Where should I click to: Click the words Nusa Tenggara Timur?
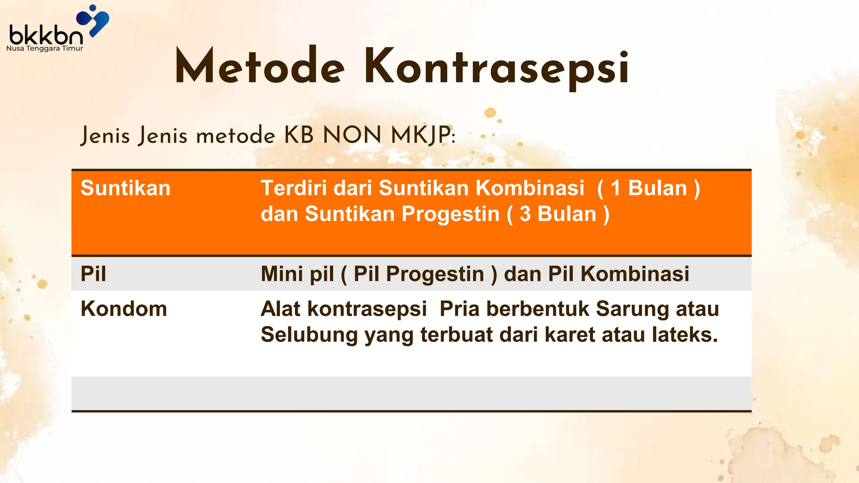pos(44,49)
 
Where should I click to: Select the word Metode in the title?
pos(260,67)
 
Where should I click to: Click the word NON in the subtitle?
pos(352,135)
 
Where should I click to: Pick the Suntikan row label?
pos(125,188)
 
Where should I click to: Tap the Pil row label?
pos(93,274)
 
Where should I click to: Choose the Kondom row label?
pos(124,309)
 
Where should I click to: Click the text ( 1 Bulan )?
pos(649,188)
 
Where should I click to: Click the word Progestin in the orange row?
pos(450,214)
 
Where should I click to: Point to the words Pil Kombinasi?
pos(619,274)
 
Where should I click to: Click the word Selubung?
pos(309,335)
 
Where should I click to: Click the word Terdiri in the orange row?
pos(294,188)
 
